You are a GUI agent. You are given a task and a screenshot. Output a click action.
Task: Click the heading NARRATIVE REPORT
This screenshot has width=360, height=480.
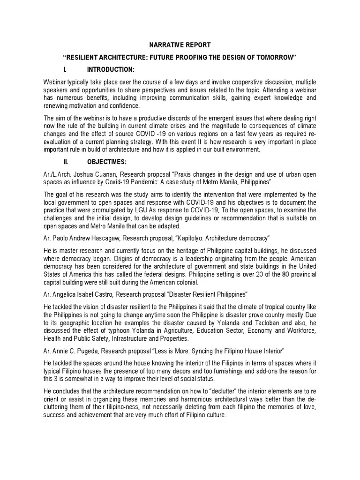coord(180,45)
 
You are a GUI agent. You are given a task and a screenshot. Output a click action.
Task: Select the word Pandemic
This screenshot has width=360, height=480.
coord(157,181)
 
